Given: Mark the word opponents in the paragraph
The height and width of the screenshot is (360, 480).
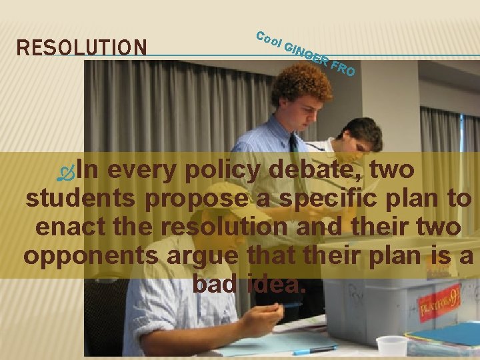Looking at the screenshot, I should pyautogui.click(x=91, y=256).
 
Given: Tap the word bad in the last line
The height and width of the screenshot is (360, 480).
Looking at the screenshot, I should pyautogui.click(x=213, y=284).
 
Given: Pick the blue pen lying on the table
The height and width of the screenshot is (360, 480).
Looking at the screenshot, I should pyautogui.click(x=314, y=350).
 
